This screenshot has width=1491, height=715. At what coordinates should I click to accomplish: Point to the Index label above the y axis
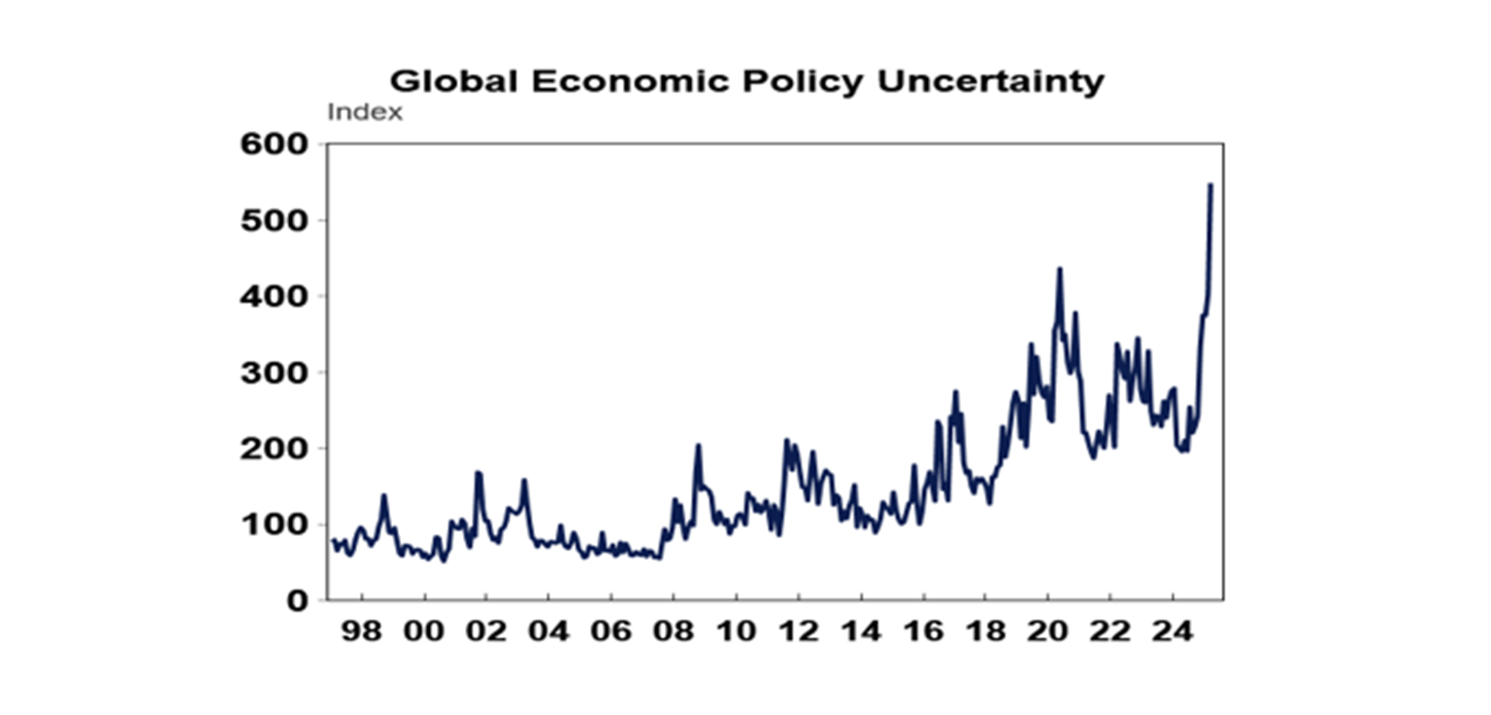pos(364,113)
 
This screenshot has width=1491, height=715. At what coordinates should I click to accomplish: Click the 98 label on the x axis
pos(361,632)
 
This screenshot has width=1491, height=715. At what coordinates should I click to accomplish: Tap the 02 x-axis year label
pos(485,632)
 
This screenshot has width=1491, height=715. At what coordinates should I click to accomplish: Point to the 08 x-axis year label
pos(673,632)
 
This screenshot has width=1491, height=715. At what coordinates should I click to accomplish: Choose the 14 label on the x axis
pos(860,632)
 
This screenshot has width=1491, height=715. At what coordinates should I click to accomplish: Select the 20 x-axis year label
pos(1047,632)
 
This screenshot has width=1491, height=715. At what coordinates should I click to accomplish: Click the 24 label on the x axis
pos(1172,632)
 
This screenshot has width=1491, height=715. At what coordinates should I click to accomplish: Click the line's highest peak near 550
pos(1210,184)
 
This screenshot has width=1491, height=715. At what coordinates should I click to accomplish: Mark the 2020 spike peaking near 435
pos(1059,269)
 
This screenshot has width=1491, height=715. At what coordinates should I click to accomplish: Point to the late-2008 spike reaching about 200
pos(698,445)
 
